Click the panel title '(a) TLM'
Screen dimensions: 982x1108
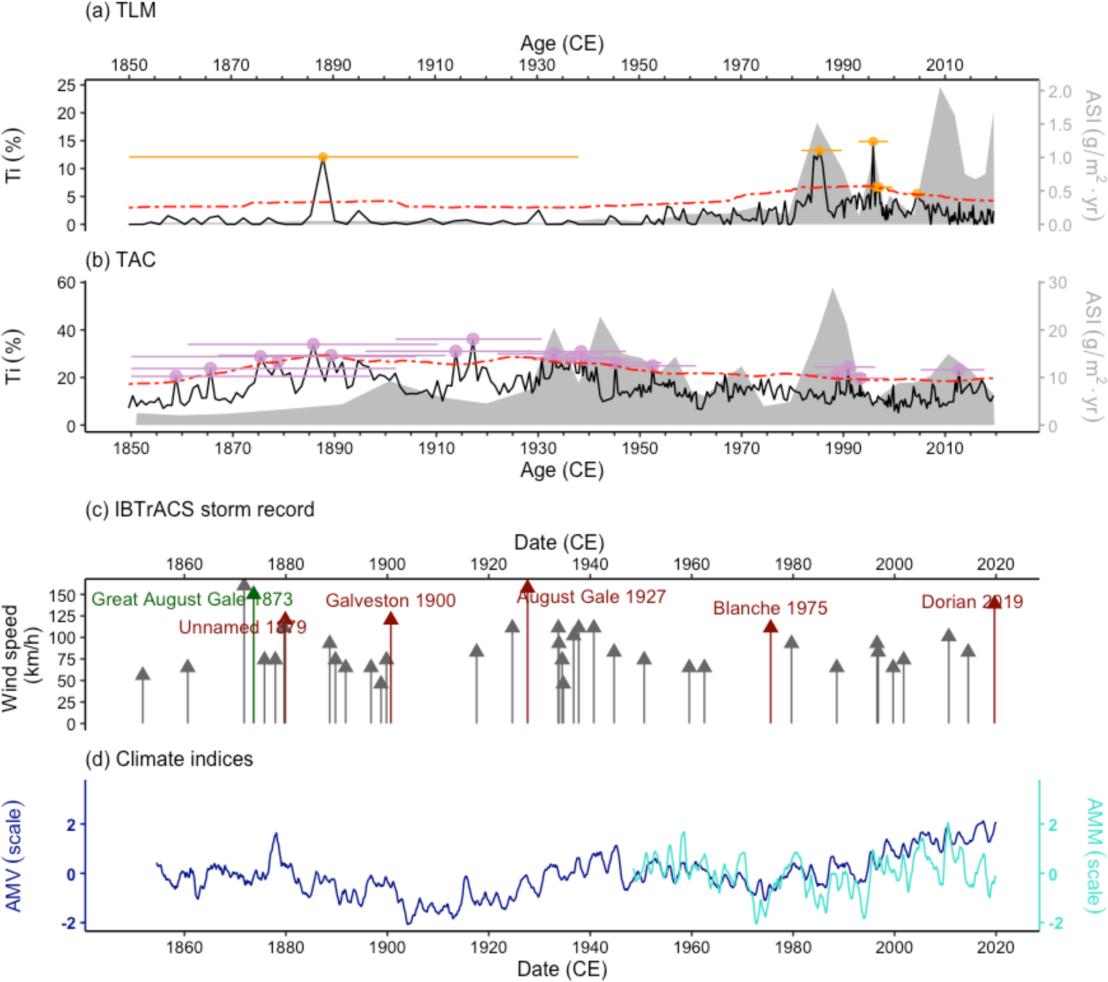coord(120,10)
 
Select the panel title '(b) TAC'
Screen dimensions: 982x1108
coord(120,260)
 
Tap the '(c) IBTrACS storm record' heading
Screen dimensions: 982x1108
coord(199,510)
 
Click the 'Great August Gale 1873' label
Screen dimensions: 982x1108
coord(191,599)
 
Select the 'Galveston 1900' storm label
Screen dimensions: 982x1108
coord(390,601)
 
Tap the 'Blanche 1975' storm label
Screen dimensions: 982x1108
coord(770,608)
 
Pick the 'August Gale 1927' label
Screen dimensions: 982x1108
coord(591,597)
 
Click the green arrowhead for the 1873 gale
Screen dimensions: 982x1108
coord(254,593)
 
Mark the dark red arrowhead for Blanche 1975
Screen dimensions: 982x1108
coord(770,627)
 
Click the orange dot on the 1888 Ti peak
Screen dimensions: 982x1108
coord(323,157)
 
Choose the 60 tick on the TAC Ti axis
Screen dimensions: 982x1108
coord(66,283)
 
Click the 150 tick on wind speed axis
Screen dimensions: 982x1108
coord(63,595)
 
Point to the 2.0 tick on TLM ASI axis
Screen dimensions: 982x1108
coord(1059,92)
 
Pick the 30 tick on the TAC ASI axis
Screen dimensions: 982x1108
coord(1057,283)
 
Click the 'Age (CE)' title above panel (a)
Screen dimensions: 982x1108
coord(562,43)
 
